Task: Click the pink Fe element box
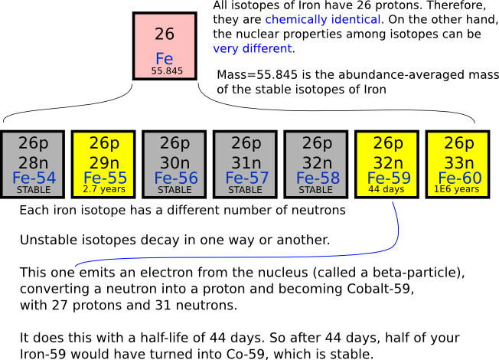tap(164, 45)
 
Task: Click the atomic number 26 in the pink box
tap(164, 34)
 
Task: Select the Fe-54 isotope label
tap(34, 178)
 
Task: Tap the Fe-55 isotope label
tap(104, 178)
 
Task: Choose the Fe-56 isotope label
tap(174, 178)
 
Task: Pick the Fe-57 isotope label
tap(246, 178)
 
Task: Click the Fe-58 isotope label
tap(316, 178)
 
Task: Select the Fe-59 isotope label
tap(387, 178)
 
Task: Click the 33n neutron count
tap(458, 162)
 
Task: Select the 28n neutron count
tap(34, 162)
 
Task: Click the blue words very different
tap(252, 48)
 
